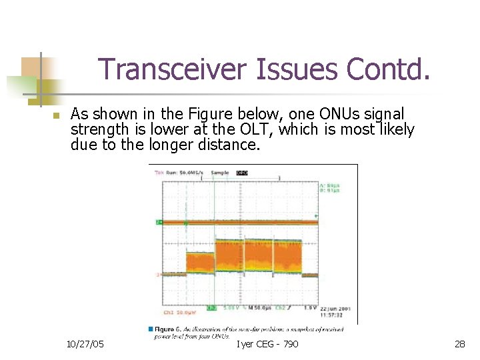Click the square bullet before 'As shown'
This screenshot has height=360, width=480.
click(x=56, y=116)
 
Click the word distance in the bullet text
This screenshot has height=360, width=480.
click(x=225, y=144)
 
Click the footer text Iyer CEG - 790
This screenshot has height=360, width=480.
click(x=267, y=344)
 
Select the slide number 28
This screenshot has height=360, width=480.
click(x=459, y=344)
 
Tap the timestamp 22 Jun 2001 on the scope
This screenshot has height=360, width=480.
click(x=334, y=308)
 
